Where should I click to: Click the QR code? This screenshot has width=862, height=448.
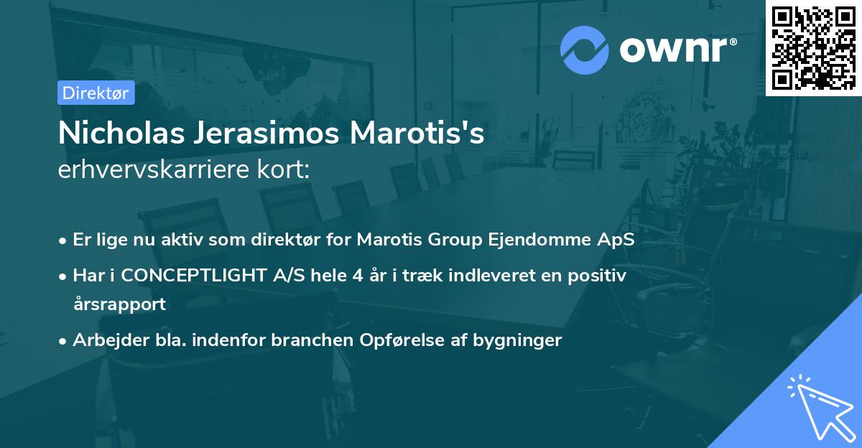(814, 47)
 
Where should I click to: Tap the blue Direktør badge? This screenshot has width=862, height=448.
(96, 93)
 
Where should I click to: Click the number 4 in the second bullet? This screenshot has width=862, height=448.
(348, 275)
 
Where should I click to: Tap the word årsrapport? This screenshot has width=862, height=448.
(119, 304)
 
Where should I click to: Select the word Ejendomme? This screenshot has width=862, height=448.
(553, 240)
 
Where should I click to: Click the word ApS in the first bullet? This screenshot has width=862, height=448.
(618, 240)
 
